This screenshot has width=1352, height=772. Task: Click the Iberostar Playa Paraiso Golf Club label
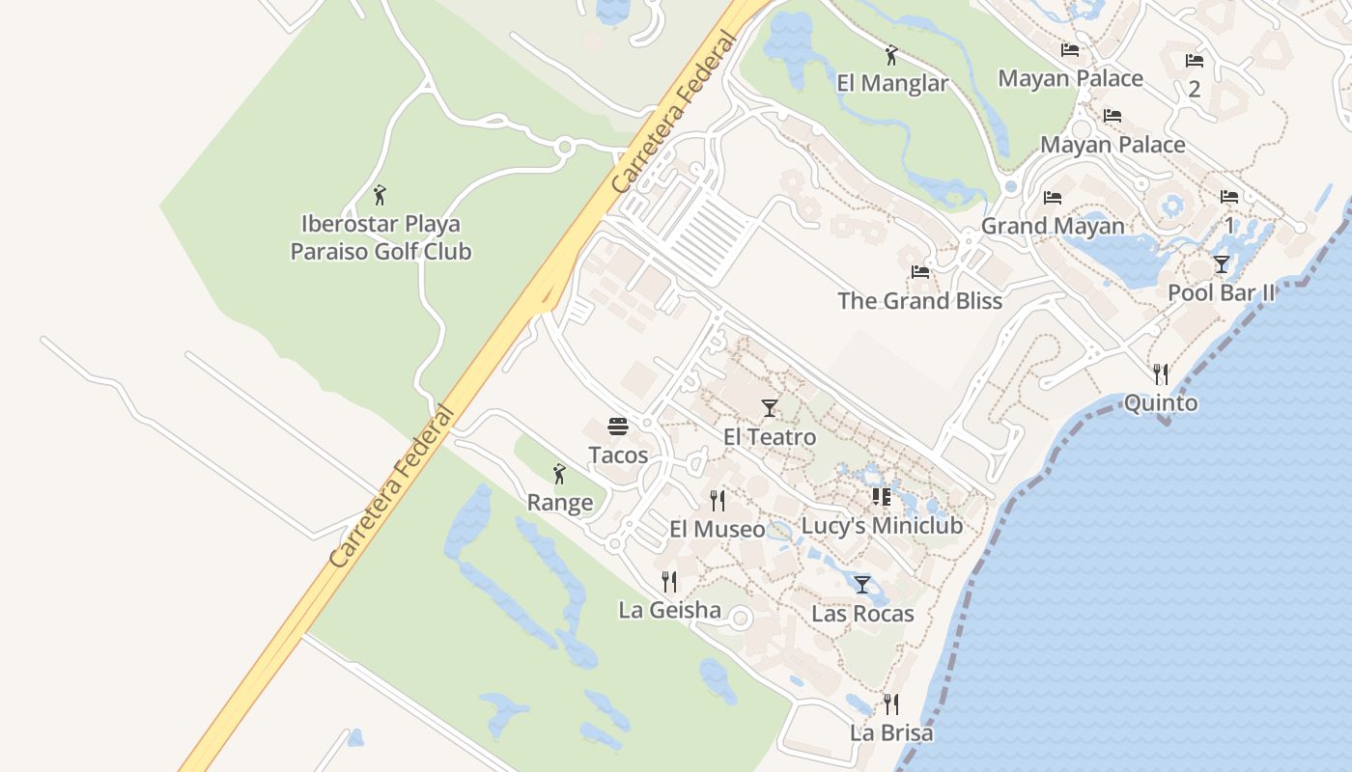pos(380,238)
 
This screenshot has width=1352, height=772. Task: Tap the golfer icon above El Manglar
pos(891,56)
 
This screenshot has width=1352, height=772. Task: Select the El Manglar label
pos(892,83)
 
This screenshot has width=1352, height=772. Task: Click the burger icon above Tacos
pos(618,427)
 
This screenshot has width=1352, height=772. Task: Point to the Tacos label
pos(618,455)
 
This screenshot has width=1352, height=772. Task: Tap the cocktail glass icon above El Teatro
pos(769,408)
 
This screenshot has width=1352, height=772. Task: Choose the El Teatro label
pos(769,437)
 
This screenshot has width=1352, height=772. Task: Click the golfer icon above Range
pos(559,474)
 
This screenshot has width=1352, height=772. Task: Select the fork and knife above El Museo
pos(718,500)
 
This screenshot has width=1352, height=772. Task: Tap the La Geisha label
pos(669,610)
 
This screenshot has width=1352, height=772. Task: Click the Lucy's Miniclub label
pos(882,526)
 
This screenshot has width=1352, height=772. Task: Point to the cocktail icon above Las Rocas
pos(862,585)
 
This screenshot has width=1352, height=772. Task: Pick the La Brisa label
pos(891,732)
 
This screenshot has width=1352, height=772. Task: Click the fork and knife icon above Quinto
pos(1161,373)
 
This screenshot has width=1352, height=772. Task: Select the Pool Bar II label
pos(1221,292)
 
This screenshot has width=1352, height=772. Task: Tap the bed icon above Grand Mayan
pos(1053,198)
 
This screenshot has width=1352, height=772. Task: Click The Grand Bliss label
pos(919,300)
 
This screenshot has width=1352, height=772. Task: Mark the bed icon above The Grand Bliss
pos(919,272)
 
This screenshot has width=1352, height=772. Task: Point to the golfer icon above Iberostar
pos(380,196)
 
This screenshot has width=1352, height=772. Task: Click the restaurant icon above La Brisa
pos(891,704)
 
